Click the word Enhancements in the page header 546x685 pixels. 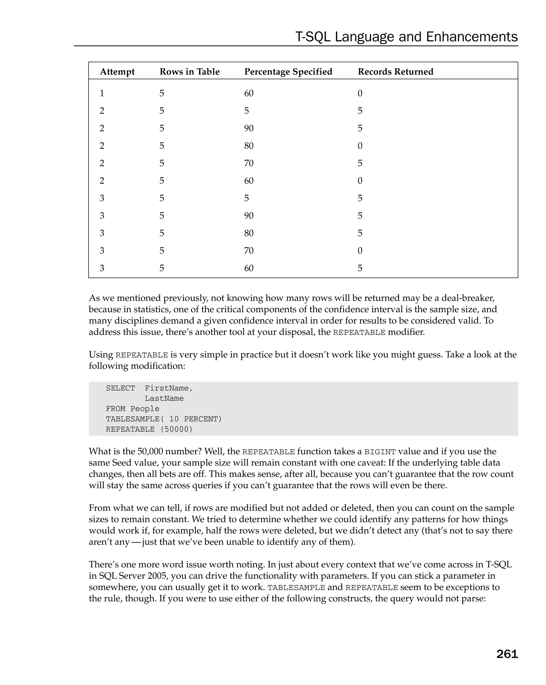coord(472,37)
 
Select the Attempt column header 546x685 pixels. coord(117,72)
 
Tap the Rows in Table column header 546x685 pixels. coord(189,72)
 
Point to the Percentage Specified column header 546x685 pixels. coord(288,72)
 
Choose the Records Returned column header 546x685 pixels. coord(395,72)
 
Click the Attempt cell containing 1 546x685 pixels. coord(102,93)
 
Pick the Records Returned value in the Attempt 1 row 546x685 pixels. coord(360,93)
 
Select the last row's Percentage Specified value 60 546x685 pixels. coord(249,268)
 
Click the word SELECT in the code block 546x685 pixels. coord(121,388)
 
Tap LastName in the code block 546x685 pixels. coord(164,398)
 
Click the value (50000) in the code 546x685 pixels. coord(176,429)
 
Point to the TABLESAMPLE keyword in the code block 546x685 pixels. coord(133,419)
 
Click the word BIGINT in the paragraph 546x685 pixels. coord(380,452)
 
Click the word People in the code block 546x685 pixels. coord(145,409)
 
